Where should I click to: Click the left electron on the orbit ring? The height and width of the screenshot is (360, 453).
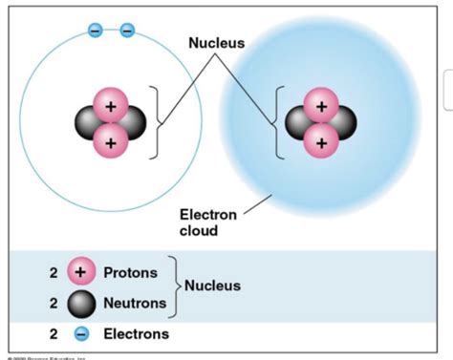(95, 30)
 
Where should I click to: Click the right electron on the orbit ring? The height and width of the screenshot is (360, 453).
(126, 30)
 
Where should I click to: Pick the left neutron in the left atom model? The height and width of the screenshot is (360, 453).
(90, 123)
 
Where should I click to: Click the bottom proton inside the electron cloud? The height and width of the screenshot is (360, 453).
(321, 142)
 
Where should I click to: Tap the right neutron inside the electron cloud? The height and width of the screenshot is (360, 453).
(341, 123)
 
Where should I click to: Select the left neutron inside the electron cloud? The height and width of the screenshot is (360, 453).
(300, 123)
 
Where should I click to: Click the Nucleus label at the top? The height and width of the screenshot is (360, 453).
(216, 43)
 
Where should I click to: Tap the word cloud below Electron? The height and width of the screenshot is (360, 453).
(197, 230)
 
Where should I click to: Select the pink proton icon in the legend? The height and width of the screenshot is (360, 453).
(80, 273)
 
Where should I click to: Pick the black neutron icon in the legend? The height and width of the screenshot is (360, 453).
(80, 304)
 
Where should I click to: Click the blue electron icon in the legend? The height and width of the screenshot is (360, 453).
(81, 335)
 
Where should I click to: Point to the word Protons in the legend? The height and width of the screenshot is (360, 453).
(131, 273)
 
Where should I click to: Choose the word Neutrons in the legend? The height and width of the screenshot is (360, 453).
(135, 304)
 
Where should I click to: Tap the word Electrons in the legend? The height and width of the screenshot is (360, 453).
(136, 335)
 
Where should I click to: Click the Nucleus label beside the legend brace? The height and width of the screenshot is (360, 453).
(213, 286)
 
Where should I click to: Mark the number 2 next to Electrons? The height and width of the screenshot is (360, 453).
(54, 335)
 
